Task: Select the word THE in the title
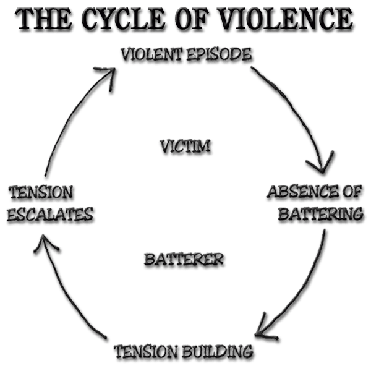pos(43,20)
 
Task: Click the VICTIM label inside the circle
pos(185,147)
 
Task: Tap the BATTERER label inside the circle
pos(184,259)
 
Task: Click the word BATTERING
pos(320,215)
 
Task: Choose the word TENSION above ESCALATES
pos(41,192)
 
